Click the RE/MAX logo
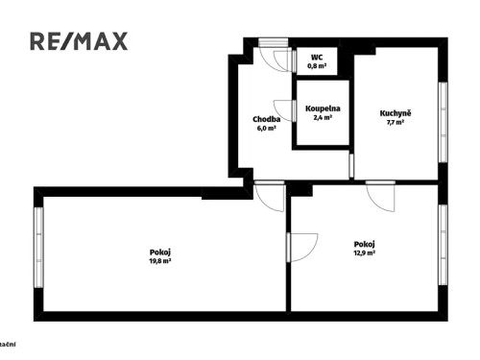point(79,41)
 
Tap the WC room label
point(317,58)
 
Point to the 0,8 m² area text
point(317,66)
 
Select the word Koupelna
point(323,108)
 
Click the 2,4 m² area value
point(323,118)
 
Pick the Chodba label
point(266,119)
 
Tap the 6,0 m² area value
point(266,128)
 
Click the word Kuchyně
point(396,113)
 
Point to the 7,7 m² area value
point(396,123)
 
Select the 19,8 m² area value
point(160,260)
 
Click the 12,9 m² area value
point(364,253)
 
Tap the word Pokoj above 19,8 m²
point(160,251)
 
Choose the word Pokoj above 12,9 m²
point(364,244)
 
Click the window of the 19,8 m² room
point(38,250)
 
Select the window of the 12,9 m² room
point(443,245)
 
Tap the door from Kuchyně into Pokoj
point(381,197)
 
